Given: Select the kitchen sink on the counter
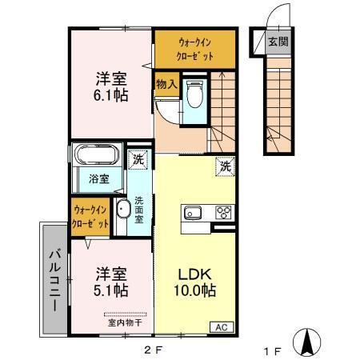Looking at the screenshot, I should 194,213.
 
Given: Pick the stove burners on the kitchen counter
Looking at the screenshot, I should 223,213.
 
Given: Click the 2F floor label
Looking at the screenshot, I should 153,349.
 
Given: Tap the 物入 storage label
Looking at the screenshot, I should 166,82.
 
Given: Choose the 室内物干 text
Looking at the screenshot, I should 124,322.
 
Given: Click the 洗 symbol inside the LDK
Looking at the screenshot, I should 225,167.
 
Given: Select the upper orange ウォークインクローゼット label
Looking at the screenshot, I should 195,50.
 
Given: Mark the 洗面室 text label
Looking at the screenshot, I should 139,210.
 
